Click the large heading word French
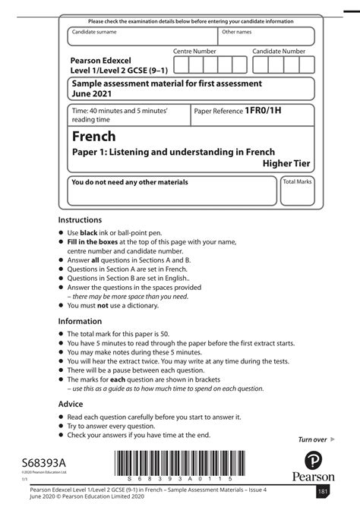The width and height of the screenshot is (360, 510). pos(94,137)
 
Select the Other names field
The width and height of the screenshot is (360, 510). pos(266,37)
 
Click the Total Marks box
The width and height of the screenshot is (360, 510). pos(297,193)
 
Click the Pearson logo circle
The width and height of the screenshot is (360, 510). pos(313,461)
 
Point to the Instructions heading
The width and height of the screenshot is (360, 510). pos(80,219)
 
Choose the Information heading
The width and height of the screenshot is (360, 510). pos(80,321)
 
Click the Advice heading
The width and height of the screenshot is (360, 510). pos(71,405)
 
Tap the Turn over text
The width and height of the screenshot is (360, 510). pos(312,439)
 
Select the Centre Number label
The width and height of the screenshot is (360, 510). pos(194,51)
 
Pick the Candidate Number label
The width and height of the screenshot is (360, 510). pos(279,51)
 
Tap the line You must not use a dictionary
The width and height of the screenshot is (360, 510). pos(114,306)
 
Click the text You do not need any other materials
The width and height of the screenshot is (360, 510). pos(129,182)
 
